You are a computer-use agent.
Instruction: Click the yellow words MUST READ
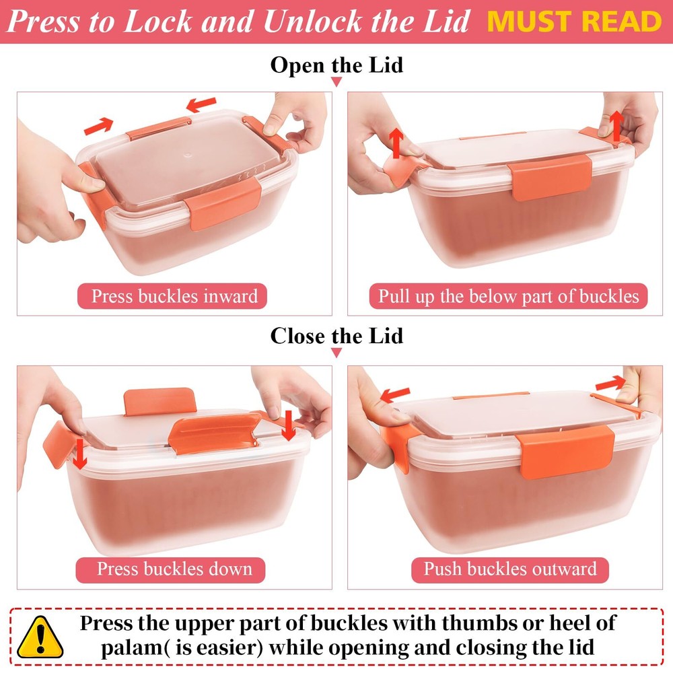574,22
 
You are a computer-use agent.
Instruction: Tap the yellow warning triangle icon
40,637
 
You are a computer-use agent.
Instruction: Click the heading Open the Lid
336,65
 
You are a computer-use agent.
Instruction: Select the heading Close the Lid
336,336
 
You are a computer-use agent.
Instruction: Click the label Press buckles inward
172,296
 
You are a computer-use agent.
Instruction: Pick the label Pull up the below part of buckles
508,296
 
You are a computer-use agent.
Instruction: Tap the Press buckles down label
171,569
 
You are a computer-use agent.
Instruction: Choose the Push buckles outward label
510,569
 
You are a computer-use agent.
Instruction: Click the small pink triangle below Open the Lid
336,82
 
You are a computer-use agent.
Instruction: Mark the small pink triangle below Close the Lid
336,353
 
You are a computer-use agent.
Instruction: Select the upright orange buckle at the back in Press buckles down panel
160,401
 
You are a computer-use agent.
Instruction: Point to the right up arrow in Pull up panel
617,125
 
